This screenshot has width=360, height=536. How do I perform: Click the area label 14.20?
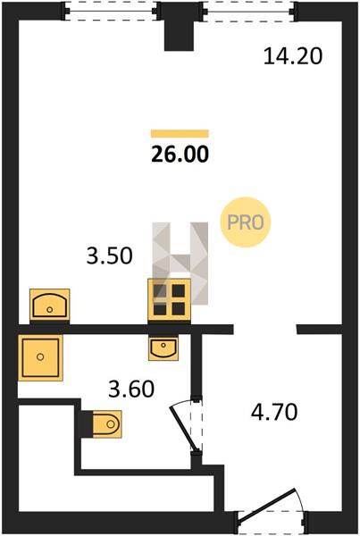click(293, 56)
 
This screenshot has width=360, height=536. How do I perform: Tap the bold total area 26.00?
click(180, 155)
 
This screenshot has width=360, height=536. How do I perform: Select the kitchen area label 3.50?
click(109, 255)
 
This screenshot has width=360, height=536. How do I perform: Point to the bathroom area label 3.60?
click(131, 389)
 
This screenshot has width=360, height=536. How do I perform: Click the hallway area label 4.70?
click(274, 412)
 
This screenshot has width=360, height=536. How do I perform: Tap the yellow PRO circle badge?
click(246, 222)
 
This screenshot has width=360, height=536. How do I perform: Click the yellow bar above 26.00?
click(180, 133)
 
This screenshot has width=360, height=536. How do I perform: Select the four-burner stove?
click(169, 300)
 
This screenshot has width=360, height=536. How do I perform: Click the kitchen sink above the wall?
click(50, 305)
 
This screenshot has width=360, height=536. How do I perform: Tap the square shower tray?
click(40, 357)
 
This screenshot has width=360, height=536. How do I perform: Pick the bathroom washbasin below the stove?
click(163, 348)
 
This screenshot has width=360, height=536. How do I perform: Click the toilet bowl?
click(107, 424)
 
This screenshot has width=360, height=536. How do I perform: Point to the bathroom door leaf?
click(184, 428)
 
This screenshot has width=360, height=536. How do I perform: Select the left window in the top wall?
click(111, 12)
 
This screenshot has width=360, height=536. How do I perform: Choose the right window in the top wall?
click(248, 12)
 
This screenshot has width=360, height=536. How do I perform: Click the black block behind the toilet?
click(87, 424)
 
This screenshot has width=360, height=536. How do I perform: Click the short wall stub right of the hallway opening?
click(319, 329)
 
